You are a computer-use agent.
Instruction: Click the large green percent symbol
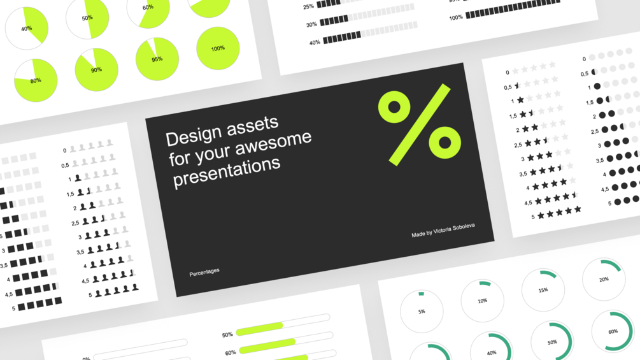[420, 124]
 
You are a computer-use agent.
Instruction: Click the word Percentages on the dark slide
[204, 272]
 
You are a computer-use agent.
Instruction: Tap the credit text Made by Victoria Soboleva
[443, 230]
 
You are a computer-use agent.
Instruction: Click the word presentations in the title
[227, 172]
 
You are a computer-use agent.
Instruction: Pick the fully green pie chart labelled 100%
[218, 48]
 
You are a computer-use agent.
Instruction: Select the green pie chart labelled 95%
[157, 59]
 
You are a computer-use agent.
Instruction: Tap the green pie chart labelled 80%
[36, 80]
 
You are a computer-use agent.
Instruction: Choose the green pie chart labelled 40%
[27, 29]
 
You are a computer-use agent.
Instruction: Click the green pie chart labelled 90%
[96, 70]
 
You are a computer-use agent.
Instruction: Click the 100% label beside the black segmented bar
[456, 18]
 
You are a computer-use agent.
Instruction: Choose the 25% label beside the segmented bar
[308, 6]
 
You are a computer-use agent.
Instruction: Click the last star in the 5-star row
[578, 210]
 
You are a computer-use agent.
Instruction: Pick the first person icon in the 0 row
[73, 149]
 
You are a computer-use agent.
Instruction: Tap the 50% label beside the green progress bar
[227, 335]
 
